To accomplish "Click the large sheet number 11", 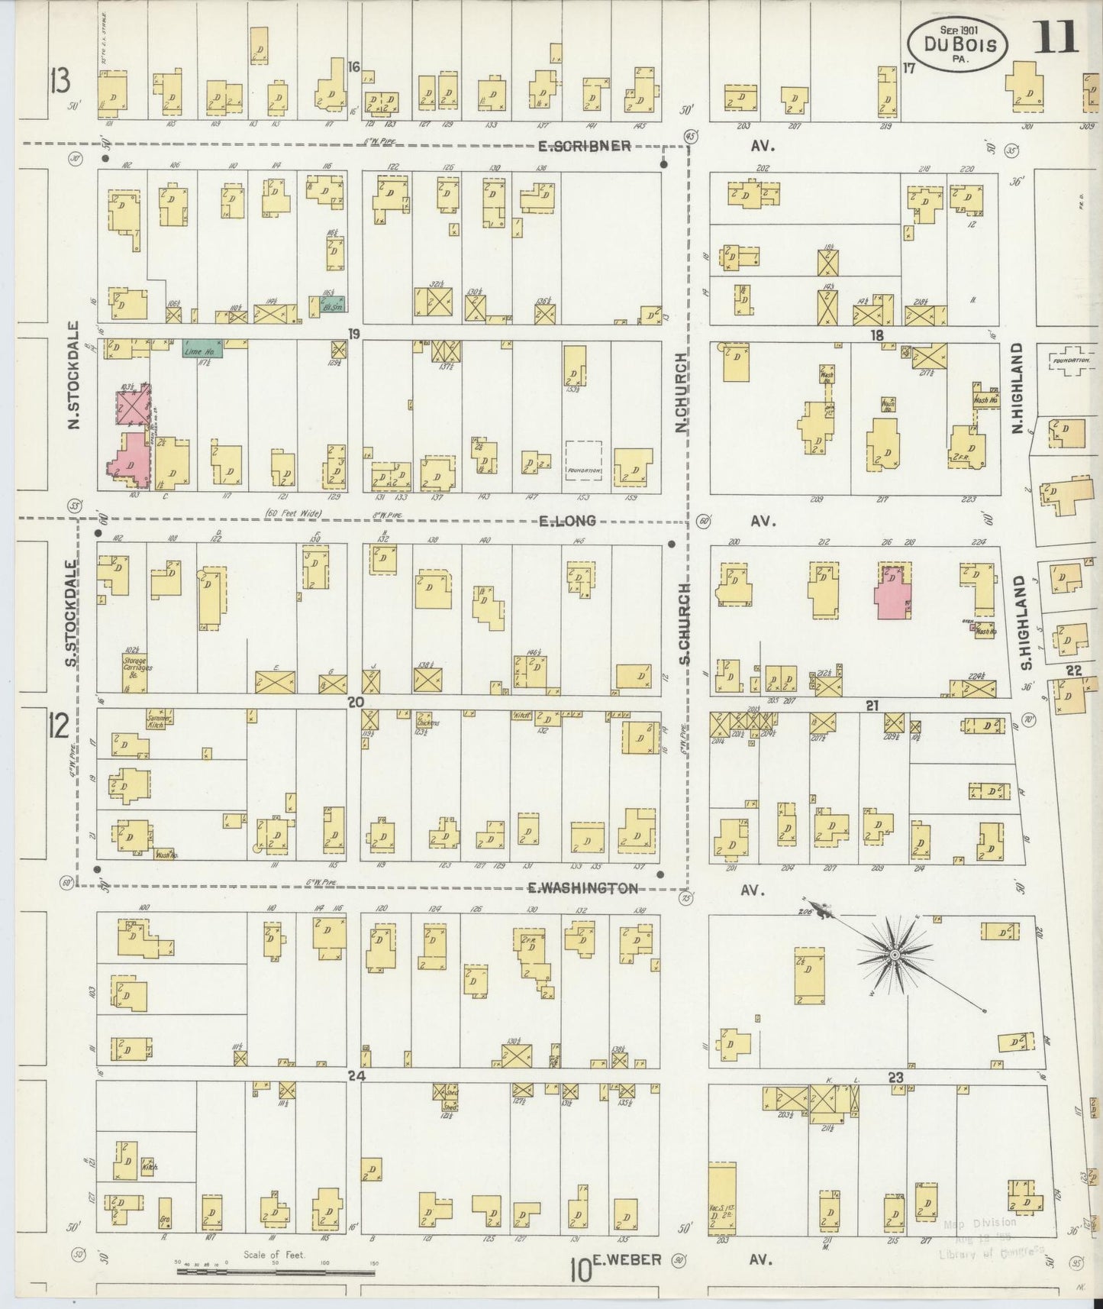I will [x=1056, y=37].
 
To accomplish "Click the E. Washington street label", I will [x=582, y=888].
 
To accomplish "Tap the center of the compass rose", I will [x=894, y=955].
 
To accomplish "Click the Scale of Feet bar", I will [x=275, y=1272].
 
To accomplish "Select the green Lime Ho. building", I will [x=202, y=349].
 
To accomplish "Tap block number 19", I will [x=353, y=334].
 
